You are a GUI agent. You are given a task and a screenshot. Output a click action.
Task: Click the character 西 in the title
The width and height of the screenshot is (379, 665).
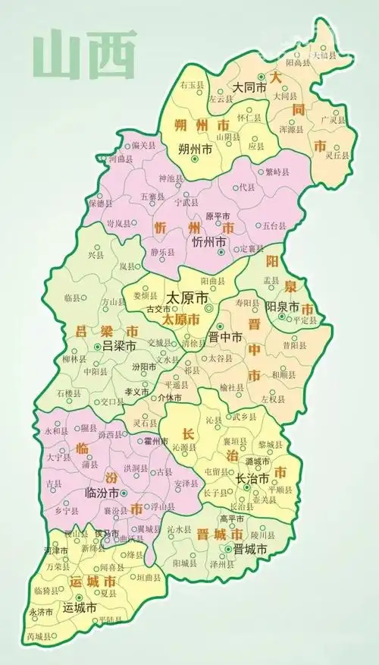tap(110, 52)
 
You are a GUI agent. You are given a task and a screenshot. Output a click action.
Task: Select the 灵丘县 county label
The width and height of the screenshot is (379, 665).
tap(337, 155)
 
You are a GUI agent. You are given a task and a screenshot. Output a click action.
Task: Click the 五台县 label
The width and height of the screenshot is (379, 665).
tap(277, 225)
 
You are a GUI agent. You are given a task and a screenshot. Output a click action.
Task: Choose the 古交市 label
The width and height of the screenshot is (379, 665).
tap(158, 309)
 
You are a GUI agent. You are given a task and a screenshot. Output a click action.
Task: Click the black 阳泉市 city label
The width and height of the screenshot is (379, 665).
tap(286, 306)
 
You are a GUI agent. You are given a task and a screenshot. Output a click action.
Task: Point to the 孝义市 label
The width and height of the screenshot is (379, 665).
tap(137, 392)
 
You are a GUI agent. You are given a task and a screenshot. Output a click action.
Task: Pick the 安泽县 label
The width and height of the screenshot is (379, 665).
tap(187, 483)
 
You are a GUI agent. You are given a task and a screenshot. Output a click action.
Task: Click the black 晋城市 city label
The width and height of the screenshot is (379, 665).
tap(251, 548)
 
